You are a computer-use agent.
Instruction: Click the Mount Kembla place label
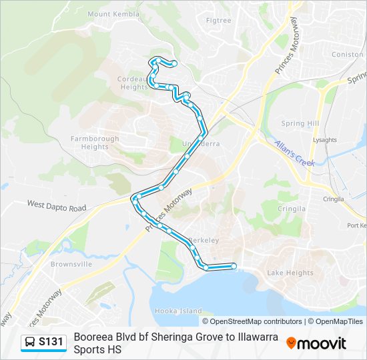[x=113, y=14]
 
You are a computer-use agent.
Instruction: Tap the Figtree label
[x=219, y=21]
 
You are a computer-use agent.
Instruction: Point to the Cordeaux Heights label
[x=133, y=83]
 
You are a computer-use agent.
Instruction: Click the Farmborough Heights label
[x=95, y=143]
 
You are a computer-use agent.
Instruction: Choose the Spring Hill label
[x=300, y=123]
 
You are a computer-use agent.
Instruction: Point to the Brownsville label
[x=71, y=264]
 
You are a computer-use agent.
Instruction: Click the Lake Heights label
[x=290, y=273]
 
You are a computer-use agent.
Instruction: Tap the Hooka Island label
[x=178, y=311]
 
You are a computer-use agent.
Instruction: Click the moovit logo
[x=316, y=343]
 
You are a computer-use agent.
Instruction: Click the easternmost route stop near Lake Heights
[x=234, y=266]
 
